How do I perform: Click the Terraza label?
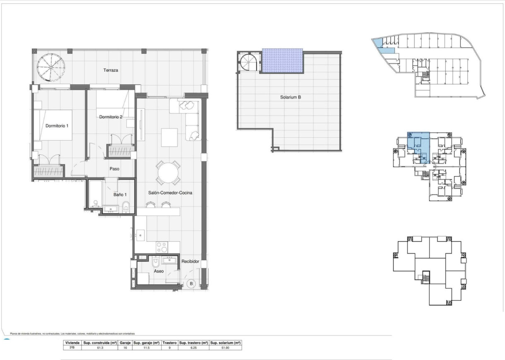(111, 70)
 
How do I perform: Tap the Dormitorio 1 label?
(57, 126)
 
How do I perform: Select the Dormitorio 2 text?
(111, 117)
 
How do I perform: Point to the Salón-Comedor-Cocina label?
(170, 193)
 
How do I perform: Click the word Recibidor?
(190, 262)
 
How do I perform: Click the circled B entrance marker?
(191, 283)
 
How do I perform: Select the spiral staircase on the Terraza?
(49, 67)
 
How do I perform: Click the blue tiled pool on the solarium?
(282, 60)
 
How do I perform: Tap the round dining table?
(168, 173)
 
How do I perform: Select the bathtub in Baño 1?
(95, 195)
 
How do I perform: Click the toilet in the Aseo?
(156, 262)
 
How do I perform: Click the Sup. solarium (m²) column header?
(226, 343)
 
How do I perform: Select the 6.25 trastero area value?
(193, 348)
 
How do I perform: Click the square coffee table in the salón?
(169, 138)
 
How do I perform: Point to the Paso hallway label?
(115, 169)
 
